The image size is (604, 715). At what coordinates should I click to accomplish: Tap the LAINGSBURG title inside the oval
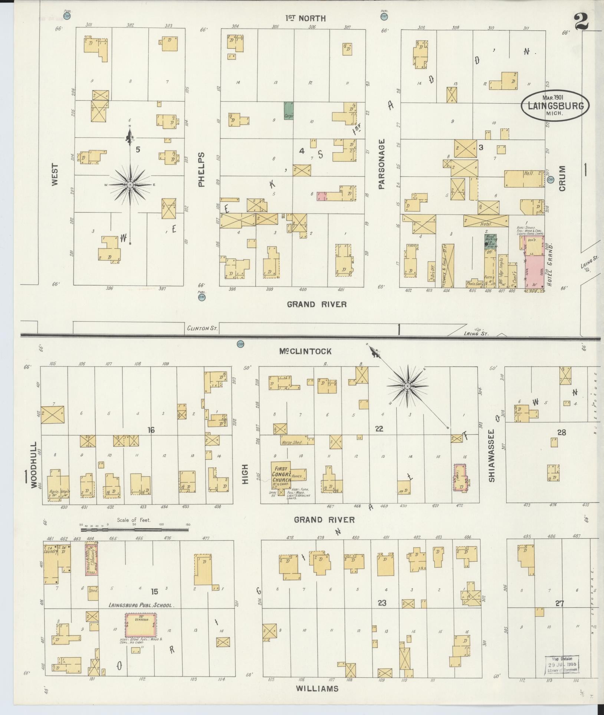555,105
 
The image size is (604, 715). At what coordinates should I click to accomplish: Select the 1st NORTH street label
305,18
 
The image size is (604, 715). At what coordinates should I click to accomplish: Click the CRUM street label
562,178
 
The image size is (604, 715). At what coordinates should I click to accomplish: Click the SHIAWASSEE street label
492,456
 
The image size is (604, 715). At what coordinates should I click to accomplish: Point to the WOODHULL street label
34,465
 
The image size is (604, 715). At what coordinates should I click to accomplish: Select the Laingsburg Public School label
140,605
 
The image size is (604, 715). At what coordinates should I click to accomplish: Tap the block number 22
379,429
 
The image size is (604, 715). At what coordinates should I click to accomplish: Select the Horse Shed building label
292,442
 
